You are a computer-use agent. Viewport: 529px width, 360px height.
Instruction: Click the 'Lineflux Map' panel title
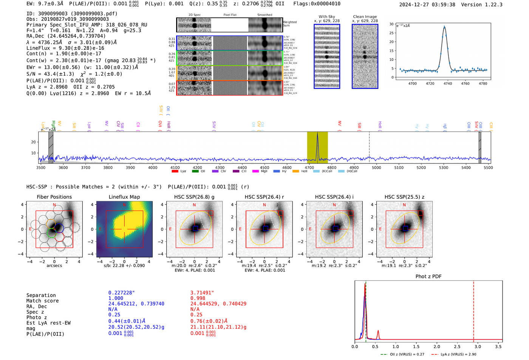(x=124, y=197)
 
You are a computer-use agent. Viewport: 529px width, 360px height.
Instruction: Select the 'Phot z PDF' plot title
(x=428, y=277)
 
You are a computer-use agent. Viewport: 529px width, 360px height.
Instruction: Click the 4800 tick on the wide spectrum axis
(x=331, y=167)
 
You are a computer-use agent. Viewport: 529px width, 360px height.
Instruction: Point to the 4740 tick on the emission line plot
(x=448, y=83)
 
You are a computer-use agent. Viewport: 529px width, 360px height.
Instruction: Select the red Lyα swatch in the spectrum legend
(x=175, y=172)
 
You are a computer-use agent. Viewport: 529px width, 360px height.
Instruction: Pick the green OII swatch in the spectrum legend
(x=195, y=172)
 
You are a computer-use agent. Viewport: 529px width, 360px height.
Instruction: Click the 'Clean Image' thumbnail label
(x=365, y=17)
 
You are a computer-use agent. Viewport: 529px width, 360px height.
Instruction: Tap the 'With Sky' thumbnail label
(x=326, y=17)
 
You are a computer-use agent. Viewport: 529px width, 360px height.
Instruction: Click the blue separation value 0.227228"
(x=121, y=293)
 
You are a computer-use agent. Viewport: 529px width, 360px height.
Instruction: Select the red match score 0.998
(x=198, y=298)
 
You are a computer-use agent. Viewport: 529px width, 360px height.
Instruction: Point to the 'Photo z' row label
(x=37, y=317)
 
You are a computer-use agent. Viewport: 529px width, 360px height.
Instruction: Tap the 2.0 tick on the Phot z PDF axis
(x=436, y=346)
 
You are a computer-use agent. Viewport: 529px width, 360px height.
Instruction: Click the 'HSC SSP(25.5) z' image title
(x=404, y=197)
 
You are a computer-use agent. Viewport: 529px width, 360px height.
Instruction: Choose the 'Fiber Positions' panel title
(x=54, y=197)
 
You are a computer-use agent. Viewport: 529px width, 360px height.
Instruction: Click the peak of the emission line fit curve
(x=444, y=26)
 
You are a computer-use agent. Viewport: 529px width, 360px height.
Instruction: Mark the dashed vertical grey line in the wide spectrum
(x=369, y=147)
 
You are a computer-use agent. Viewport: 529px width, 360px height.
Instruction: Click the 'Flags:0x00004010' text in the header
(x=317, y=4)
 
